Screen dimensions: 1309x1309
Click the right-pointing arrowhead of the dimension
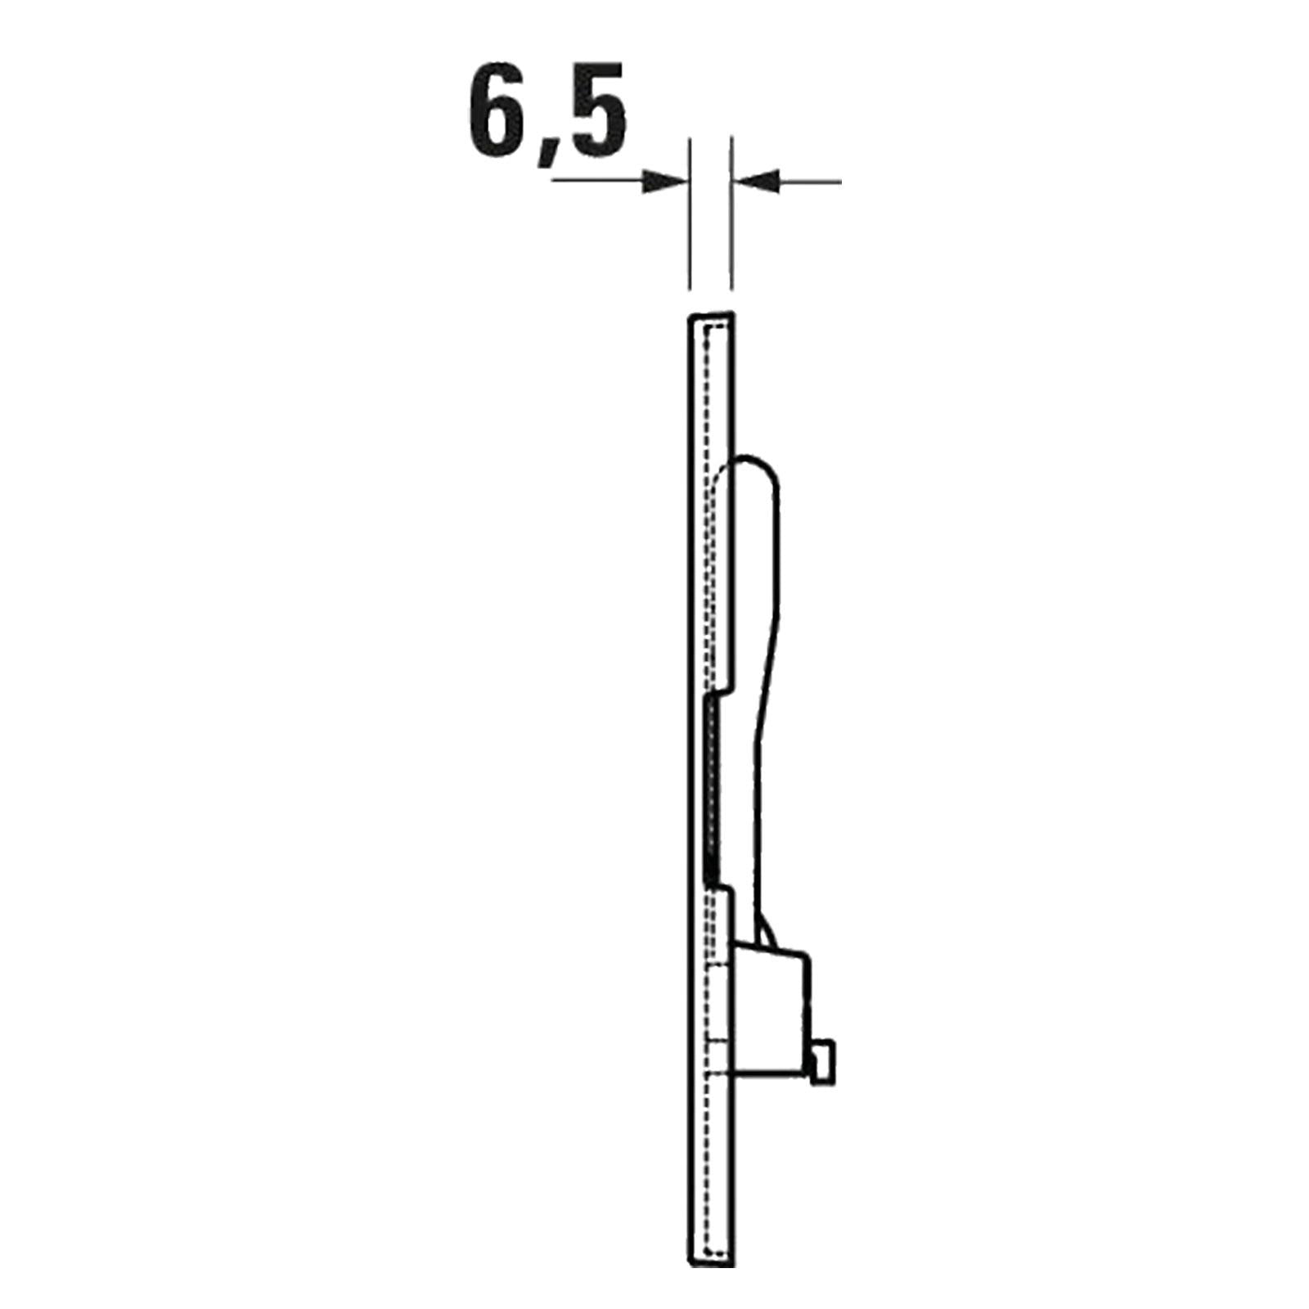point(663,182)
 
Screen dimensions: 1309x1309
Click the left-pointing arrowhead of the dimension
point(754,182)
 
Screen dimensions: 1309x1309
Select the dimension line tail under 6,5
point(597,181)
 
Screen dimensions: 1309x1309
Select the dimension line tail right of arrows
point(809,182)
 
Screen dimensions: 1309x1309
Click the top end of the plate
point(710,316)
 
